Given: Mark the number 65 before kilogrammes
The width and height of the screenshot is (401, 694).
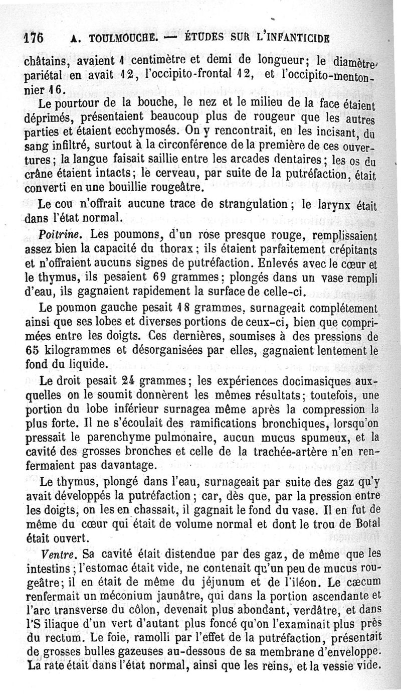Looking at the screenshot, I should [x=33, y=350].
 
